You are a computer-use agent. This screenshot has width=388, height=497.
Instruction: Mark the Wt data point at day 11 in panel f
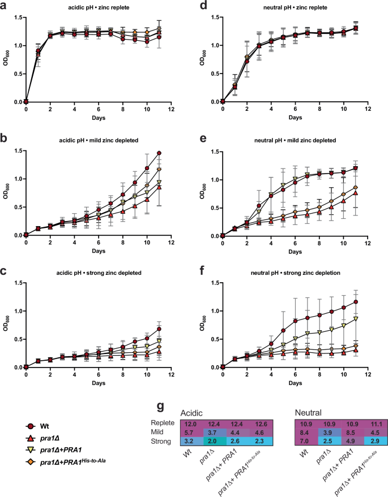pos(356,302)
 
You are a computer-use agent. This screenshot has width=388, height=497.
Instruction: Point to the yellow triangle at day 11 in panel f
pos(356,319)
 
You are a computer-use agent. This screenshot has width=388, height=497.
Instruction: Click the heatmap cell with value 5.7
pos(190,433)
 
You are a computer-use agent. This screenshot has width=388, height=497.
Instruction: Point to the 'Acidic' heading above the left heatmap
pos(193,414)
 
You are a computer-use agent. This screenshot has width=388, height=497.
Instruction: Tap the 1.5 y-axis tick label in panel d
pos(213,18)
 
